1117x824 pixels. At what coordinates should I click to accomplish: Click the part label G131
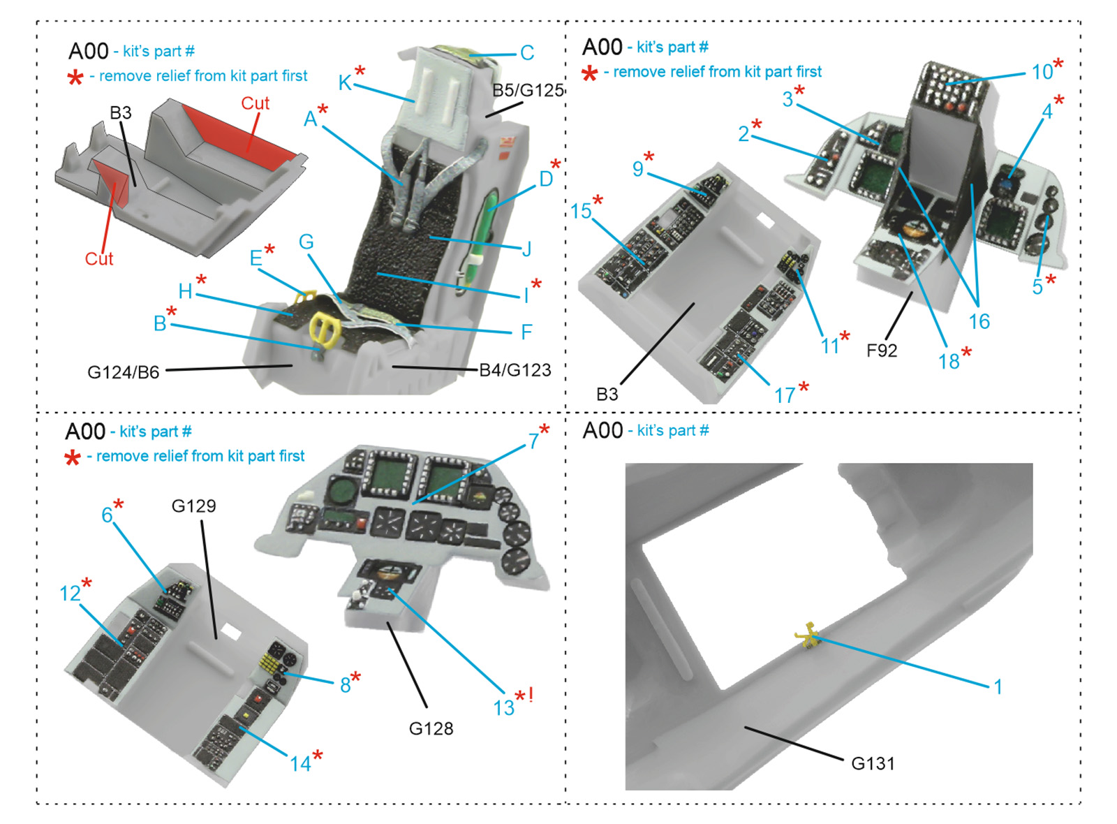[x=873, y=764]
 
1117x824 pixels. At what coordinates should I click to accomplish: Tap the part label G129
[x=193, y=506]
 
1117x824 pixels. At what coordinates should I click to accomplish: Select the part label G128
[x=431, y=729]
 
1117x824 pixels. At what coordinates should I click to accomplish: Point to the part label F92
[x=882, y=351]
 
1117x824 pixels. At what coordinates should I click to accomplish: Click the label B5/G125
[x=528, y=91]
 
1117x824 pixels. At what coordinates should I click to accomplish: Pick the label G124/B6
[x=123, y=372]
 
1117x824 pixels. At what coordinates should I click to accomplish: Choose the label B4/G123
[x=515, y=370]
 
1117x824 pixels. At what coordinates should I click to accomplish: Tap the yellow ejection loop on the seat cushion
[x=325, y=328]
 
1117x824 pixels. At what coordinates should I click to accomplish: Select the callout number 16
[x=979, y=322]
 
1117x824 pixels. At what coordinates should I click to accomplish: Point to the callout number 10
[x=1042, y=73]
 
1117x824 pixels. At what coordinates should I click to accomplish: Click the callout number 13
[x=503, y=708]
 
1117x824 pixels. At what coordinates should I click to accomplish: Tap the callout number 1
[x=998, y=687]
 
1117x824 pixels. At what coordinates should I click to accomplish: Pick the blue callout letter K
[x=345, y=83]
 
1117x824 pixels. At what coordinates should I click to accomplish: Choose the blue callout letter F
[x=526, y=332]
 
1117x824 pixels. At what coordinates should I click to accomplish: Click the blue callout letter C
[x=527, y=53]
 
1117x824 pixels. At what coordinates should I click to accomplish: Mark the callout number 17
[x=785, y=396]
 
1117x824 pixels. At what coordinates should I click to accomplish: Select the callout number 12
[x=70, y=594]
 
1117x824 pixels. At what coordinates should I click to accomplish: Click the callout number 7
[x=533, y=441]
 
